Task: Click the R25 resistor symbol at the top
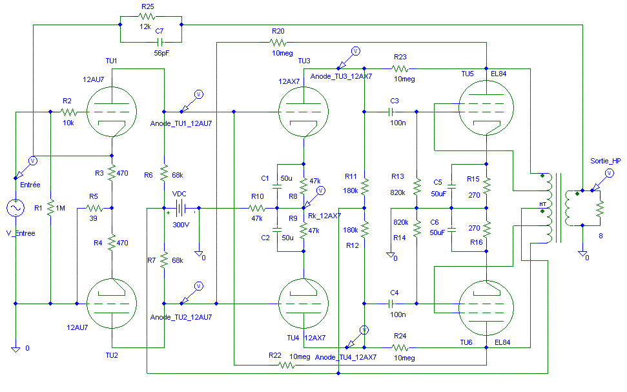[147, 16]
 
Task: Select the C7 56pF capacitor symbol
[159, 42]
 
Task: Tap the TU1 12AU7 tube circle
[112, 112]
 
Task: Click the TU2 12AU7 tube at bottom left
[112, 304]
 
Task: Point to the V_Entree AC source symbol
[15, 208]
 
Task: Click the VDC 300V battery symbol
[181, 208]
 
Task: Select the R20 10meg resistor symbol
[278, 42]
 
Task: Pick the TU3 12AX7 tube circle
[303, 112]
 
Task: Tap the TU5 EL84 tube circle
[486, 108]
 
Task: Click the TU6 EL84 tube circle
[486, 307]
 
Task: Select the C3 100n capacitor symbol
[391, 112]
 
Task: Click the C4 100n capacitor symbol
[391, 304]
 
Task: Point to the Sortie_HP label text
[606, 161]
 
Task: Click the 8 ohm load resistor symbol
[600, 208]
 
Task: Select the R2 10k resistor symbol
[68, 112]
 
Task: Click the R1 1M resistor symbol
[50, 208]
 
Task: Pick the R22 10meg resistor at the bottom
[286, 365]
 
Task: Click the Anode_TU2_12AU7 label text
[181, 317]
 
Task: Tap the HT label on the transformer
[542, 204]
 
